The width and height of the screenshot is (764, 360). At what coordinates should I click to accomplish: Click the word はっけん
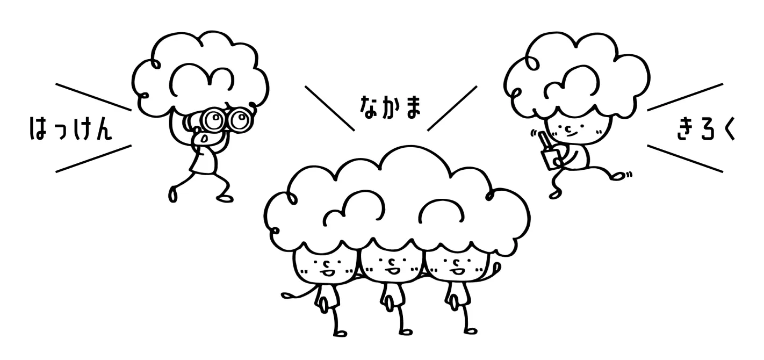70,129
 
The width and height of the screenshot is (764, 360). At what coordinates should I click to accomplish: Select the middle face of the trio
391,265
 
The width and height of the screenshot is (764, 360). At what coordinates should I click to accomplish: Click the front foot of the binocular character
173,193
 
